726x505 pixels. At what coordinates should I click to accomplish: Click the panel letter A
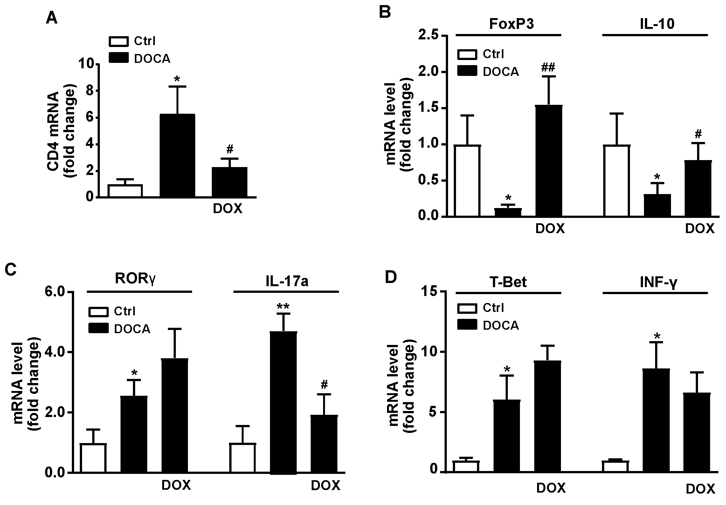(52, 18)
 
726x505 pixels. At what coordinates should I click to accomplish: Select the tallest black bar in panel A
(177, 156)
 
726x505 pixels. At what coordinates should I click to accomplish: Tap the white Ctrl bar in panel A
(125, 191)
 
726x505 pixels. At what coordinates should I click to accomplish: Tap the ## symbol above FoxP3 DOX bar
(549, 67)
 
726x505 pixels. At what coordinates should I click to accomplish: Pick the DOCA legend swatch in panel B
(467, 71)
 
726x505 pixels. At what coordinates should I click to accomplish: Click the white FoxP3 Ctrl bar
(467, 181)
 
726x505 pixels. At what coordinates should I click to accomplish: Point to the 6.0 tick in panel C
(55, 292)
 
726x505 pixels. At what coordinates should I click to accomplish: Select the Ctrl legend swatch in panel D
(467, 308)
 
